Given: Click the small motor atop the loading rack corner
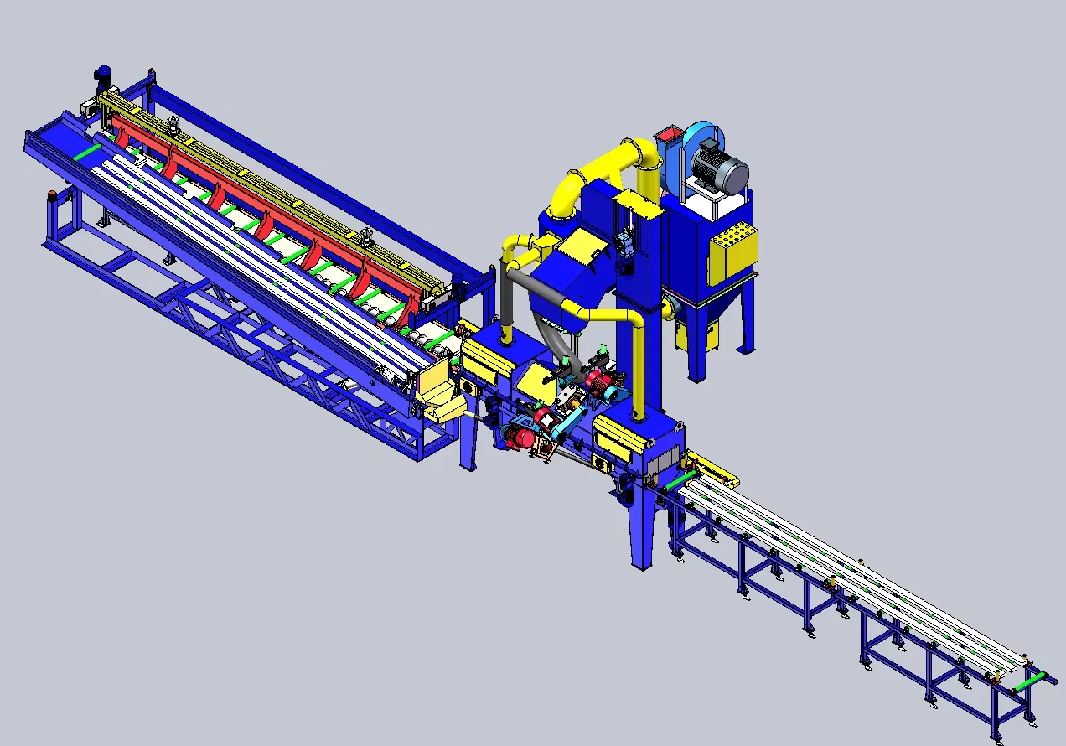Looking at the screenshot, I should click(103, 77).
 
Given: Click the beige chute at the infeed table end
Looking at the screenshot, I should click(438, 394).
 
